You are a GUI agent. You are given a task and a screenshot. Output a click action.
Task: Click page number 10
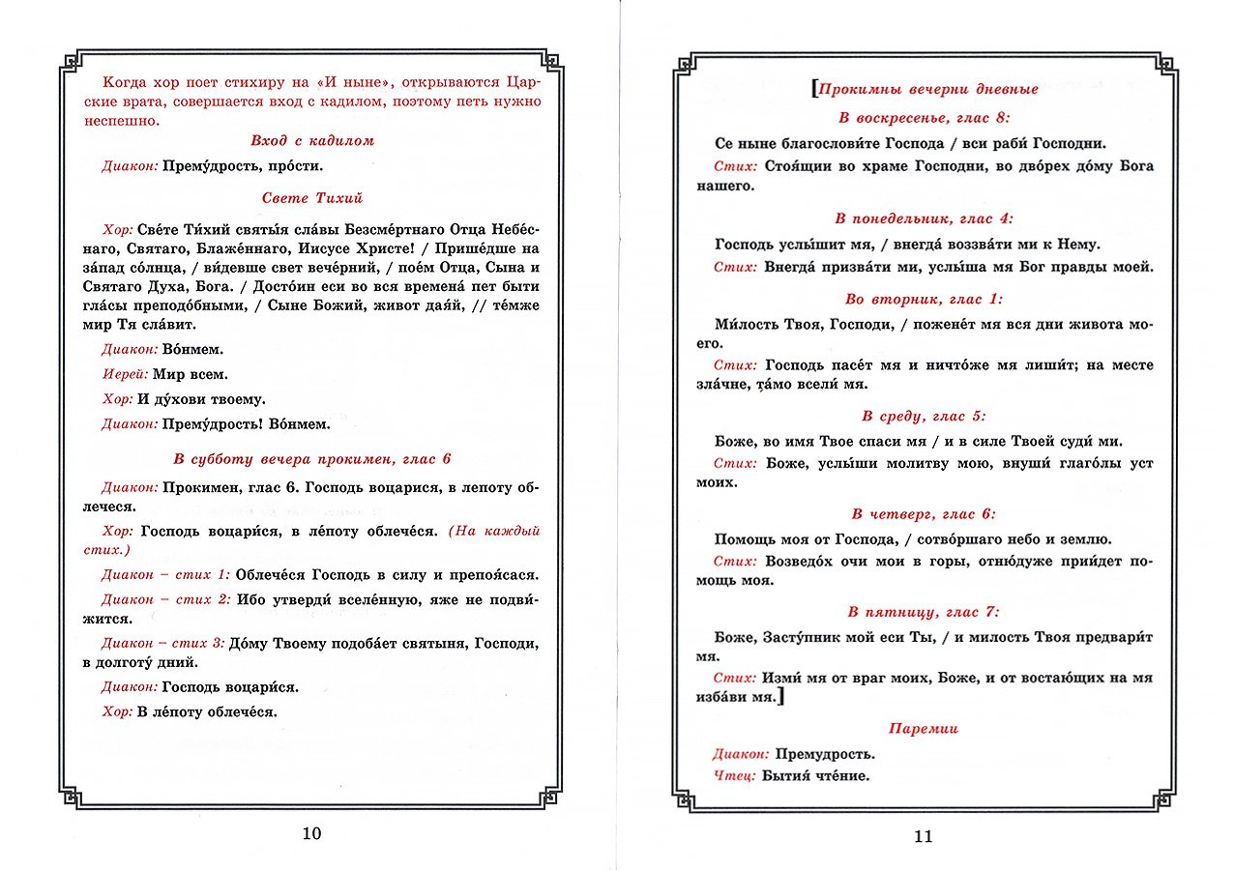coord(311,834)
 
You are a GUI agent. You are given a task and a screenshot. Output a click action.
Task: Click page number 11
coord(923,836)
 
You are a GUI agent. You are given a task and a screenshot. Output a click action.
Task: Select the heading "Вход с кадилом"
coord(311,141)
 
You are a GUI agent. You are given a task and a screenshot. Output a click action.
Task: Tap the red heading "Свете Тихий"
coord(311,198)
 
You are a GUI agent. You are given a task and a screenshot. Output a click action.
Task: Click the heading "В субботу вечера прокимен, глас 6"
coord(311,459)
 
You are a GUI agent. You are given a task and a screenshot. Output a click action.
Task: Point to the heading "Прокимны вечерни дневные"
coord(927,89)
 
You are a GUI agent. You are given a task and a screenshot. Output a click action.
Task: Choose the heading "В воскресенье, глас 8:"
coord(924,117)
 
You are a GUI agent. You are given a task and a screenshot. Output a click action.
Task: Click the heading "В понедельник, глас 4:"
coord(924,218)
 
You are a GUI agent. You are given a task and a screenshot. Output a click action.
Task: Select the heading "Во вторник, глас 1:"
coord(924,300)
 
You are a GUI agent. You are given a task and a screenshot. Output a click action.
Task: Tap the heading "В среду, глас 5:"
coord(924,417)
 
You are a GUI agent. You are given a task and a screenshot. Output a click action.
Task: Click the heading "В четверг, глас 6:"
coord(924,514)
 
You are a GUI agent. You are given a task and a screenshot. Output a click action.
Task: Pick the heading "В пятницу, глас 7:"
coord(924,612)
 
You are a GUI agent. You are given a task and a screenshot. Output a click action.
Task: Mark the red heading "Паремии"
coord(924,729)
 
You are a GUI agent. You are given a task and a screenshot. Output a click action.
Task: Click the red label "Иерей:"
coord(124,374)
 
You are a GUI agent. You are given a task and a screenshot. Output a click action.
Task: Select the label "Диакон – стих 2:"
coord(165,599)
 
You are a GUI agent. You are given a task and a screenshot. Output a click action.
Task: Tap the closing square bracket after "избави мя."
coord(780,696)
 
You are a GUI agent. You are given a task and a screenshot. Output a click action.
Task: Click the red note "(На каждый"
coord(493,531)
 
